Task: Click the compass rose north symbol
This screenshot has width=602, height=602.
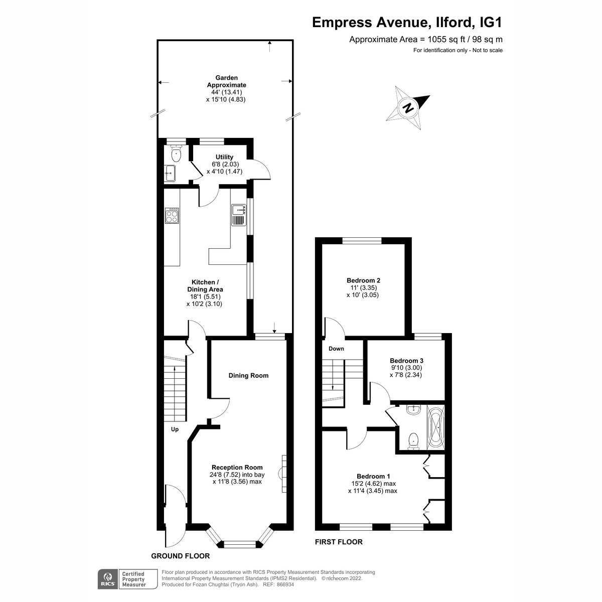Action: (x=409, y=107)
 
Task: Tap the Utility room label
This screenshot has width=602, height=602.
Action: (x=224, y=157)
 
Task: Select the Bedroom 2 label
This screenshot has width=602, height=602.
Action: (x=363, y=280)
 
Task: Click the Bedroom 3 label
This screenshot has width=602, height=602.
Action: (x=406, y=361)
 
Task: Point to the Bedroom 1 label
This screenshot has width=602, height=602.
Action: (x=373, y=476)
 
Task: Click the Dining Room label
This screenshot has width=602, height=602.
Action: (x=248, y=375)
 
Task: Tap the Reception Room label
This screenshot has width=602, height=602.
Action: (x=237, y=467)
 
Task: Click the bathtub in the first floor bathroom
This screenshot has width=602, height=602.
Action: (x=435, y=427)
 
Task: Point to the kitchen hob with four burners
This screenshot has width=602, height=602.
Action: (x=172, y=215)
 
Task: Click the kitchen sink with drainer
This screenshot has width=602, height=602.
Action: (x=238, y=215)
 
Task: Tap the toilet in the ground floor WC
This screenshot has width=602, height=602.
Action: (x=176, y=153)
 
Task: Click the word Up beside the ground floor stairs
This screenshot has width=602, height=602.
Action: (x=175, y=429)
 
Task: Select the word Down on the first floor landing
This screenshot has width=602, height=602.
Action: (x=336, y=349)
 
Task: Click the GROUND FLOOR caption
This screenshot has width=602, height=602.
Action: (x=181, y=556)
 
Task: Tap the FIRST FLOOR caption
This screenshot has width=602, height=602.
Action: (x=339, y=542)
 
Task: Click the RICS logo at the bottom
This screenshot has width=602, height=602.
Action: (x=106, y=579)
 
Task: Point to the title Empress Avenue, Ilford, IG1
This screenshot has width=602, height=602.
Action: (x=407, y=23)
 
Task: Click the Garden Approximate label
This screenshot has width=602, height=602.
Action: (x=226, y=81)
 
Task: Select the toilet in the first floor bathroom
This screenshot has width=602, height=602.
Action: (x=413, y=440)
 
